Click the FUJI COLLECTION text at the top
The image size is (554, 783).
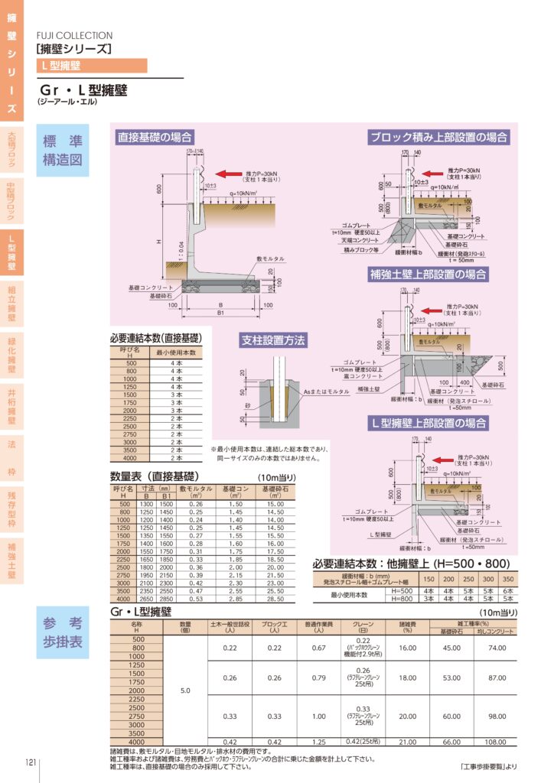74,35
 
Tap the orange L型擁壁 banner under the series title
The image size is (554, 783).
91,66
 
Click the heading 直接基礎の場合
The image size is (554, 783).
154,138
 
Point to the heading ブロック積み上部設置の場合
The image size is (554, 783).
438,138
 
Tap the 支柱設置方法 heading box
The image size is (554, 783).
274,339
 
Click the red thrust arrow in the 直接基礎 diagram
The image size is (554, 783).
230,173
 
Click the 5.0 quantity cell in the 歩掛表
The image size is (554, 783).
185,690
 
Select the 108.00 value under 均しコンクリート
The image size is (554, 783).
497,742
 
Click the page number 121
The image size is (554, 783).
31,762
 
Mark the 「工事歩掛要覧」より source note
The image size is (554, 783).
489,767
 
